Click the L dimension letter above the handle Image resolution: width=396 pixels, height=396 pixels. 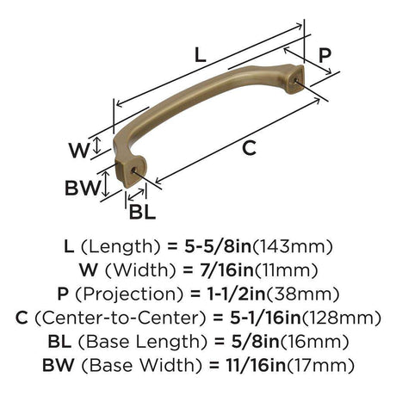(201, 55)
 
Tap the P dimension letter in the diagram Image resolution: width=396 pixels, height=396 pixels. (325, 56)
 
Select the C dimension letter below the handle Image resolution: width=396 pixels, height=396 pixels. (249, 148)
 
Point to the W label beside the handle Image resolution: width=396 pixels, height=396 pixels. (79, 151)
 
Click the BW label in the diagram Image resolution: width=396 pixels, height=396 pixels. (83, 188)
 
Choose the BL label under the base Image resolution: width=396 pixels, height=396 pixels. (142, 213)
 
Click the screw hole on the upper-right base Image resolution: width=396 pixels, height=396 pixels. (296, 80)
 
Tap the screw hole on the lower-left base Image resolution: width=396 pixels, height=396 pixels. (133, 170)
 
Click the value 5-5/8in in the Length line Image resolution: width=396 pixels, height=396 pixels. (218, 246)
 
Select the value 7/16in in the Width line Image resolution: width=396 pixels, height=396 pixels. (227, 270)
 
